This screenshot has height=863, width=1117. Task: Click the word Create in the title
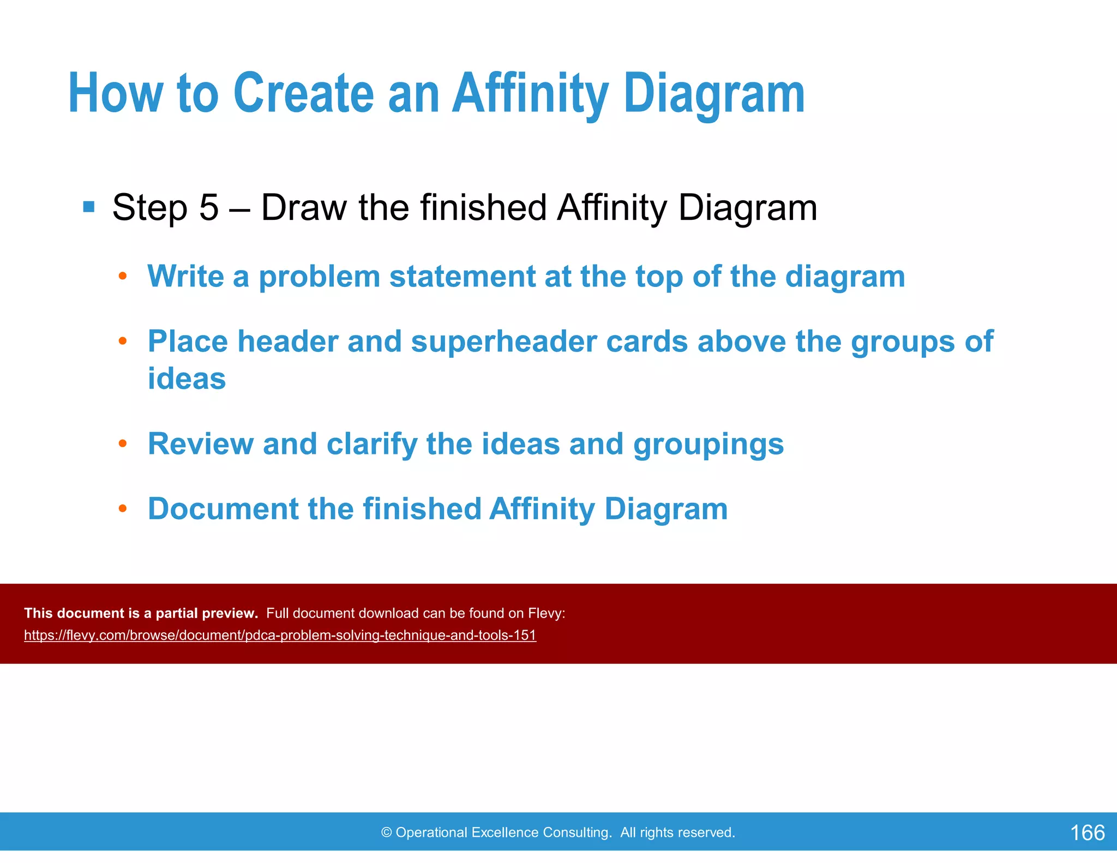tap(303, 94)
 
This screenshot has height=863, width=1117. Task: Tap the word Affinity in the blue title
tap(530, 94)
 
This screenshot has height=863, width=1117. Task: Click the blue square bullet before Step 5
tap(89, 207)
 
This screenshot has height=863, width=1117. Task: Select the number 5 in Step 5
tap(209, 208)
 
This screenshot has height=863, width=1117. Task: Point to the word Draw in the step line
tap(303, 208)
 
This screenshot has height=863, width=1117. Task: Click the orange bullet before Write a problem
tap(123, 276)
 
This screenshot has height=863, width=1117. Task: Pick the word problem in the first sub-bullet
tap(319, 277)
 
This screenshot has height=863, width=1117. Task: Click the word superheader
tap(504, 341)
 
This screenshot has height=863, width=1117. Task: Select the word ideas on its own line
tap(187, 379)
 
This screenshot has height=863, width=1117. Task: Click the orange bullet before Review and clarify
tap(123, 444)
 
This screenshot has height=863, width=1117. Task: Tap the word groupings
tap(708, 444)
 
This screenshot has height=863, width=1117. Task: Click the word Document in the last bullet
tap(223, 509)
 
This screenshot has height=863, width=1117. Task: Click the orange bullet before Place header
tap(123, 341)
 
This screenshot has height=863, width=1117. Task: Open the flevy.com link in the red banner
tap(280, 636)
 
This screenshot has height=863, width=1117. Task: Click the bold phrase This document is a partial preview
tap(141, 613)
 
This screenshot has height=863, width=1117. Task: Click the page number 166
tap(1087, 833)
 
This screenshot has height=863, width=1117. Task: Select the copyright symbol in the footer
tap(387, 832)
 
